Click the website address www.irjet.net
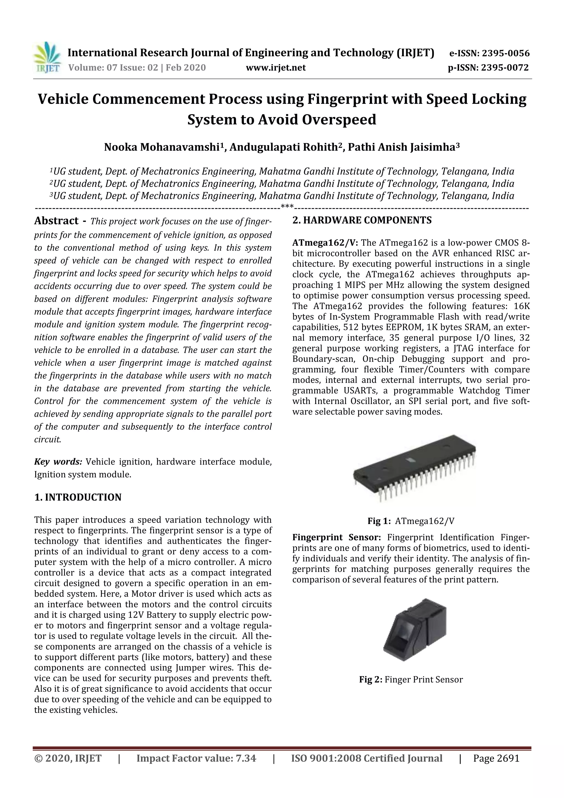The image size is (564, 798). pyautogui.click(x=276, y=68)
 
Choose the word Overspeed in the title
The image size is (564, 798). pyautogui.click(x=339, y=120)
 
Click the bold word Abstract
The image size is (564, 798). pyautogui.click(x=56, y=221)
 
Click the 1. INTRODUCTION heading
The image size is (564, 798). pyautogui.click(x=78, y=497)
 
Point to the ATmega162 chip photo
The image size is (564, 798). pyautogui.click(x=414, y=467)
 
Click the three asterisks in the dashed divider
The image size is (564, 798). pyautogui.click(x=287, y=208)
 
